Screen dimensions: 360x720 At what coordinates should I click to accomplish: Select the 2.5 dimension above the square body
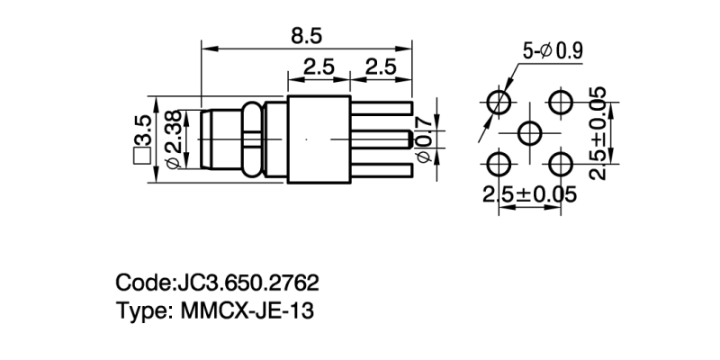pos(319,66)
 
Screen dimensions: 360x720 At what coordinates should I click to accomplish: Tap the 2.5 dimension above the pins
pos(382,66)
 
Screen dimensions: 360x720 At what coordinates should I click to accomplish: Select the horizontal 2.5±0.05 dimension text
pos(529,194)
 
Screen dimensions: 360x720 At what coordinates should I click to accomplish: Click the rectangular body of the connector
pos(318,139)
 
